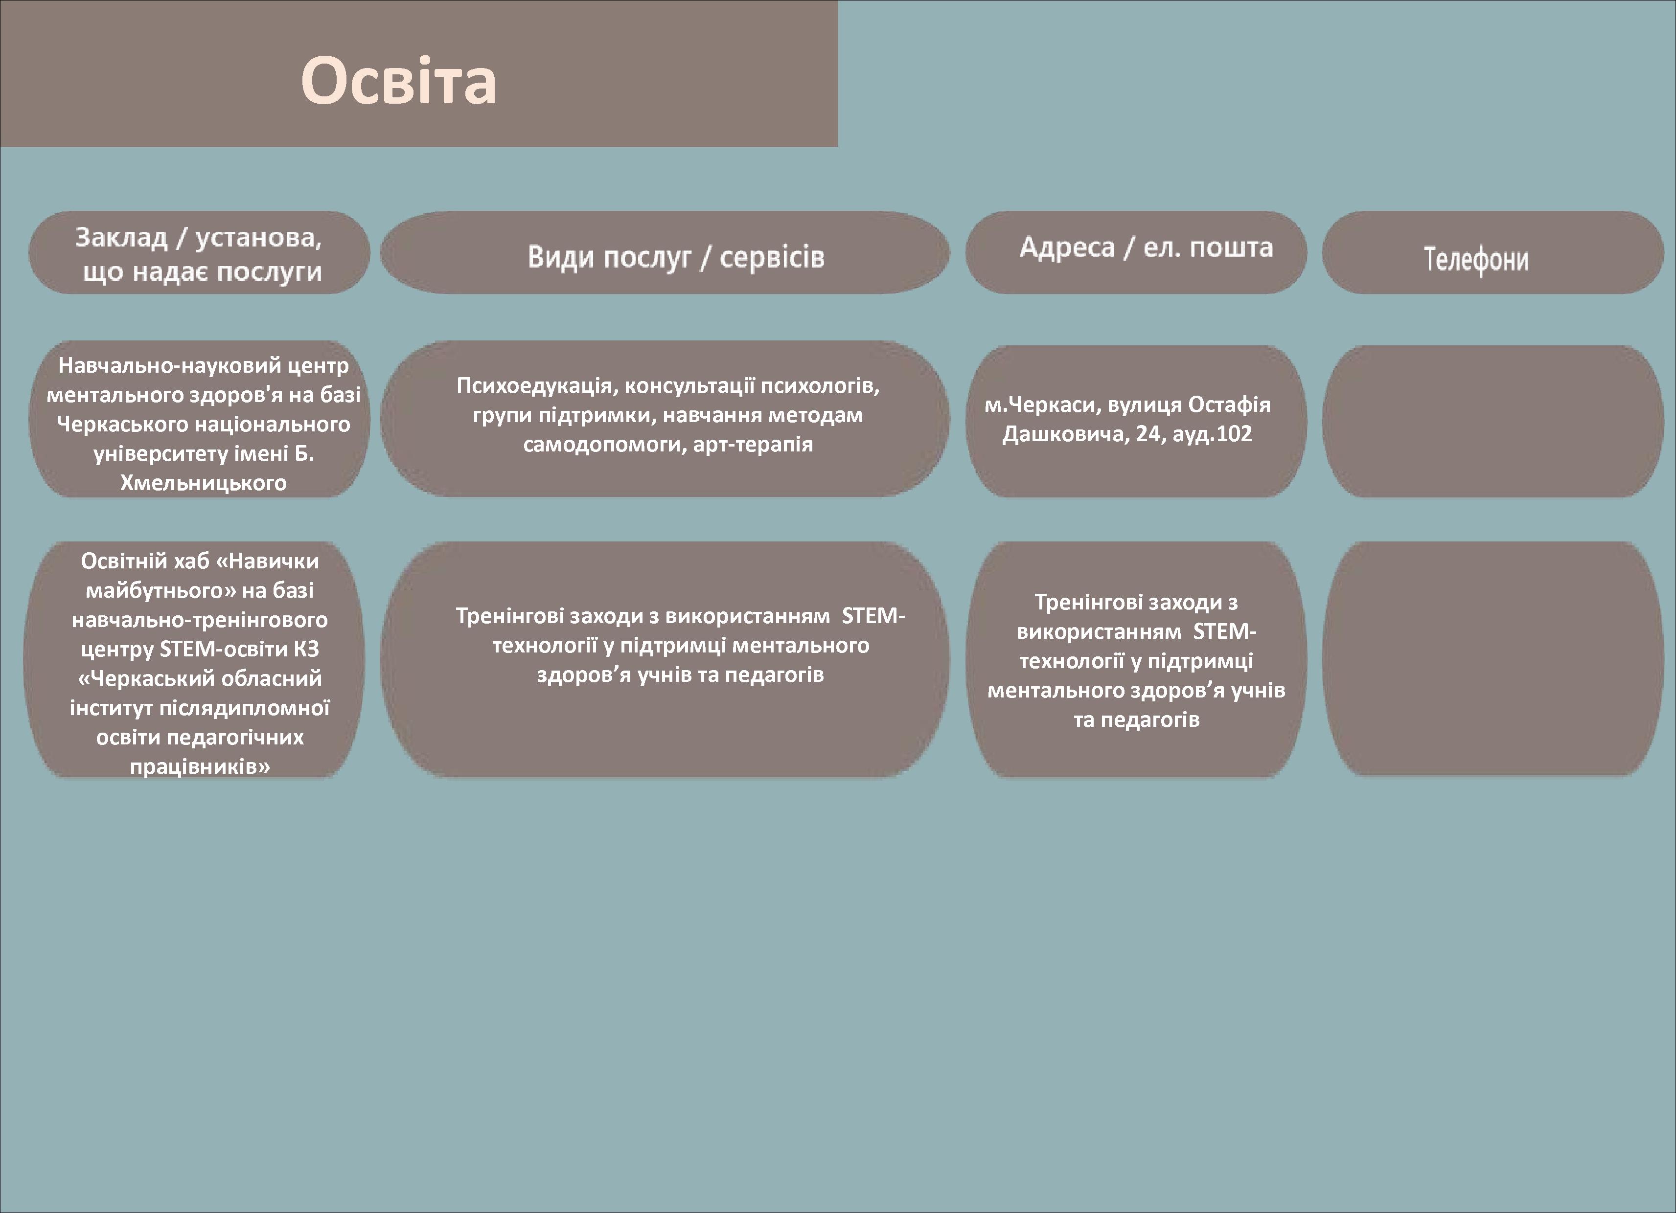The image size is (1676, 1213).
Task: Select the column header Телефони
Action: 1476,259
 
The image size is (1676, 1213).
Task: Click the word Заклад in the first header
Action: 122,237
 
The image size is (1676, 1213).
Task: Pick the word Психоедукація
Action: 537,385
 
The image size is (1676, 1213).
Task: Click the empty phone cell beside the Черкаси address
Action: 1492,421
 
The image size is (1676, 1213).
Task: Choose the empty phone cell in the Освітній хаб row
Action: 1492,658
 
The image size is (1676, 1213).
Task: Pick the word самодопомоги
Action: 605,445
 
